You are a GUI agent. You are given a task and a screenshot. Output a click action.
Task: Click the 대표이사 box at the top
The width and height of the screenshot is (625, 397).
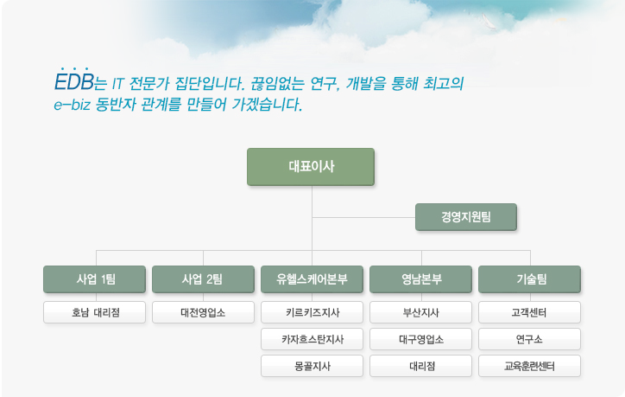[x=311, y=167]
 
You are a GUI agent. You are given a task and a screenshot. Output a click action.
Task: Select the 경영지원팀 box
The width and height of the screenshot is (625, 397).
[x=466, y=217]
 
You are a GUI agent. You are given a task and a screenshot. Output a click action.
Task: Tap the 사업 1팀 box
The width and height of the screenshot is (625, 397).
[x=94, y=279]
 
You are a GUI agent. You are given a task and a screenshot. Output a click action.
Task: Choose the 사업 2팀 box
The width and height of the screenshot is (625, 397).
[x=203, y=279]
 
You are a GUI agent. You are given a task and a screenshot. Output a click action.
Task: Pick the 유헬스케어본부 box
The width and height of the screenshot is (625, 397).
[x=312, y=279]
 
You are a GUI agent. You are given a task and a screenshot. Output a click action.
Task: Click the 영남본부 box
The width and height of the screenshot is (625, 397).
[x=421, y=279]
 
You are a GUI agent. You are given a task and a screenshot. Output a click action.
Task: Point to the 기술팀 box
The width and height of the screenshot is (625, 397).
[x=530, y=279]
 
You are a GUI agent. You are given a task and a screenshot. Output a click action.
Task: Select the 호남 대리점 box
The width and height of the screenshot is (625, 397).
[x=94, y=312]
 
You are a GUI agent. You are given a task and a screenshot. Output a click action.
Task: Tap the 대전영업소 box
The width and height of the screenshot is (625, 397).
[x=203, y=312]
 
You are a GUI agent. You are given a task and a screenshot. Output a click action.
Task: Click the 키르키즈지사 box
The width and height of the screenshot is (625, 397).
[x=312, y=312]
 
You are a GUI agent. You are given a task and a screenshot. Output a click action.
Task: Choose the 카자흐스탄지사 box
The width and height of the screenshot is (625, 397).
[x=312, y=339]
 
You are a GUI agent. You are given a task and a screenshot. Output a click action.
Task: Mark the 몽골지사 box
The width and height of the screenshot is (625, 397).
[x=312, y=366]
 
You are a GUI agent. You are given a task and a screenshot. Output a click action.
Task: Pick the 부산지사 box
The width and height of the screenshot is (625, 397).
[x=421, y=312]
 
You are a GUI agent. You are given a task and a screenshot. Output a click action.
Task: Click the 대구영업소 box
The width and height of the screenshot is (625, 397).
[x=421, y=339]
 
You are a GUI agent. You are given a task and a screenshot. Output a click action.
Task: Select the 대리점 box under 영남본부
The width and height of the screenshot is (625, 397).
[x=421, y=366]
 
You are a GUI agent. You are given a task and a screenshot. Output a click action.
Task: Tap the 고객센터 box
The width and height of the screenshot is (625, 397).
[x=530, y=312]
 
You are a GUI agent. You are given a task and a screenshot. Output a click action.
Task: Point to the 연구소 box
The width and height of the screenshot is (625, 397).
[x=530, y=339]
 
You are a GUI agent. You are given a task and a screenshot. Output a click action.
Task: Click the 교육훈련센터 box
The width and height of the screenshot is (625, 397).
[x=530, y=366]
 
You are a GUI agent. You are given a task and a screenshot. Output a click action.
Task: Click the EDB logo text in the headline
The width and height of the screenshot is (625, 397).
[x=74, y=81]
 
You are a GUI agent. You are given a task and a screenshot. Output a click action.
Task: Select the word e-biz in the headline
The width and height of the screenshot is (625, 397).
[x=73, y=105]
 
